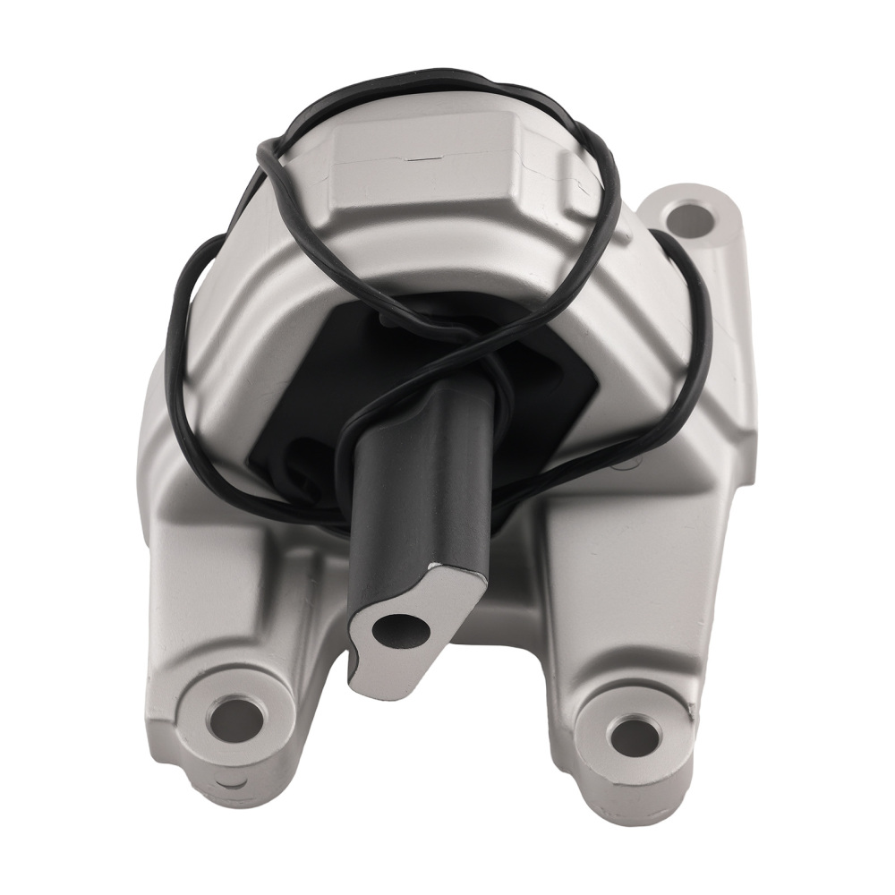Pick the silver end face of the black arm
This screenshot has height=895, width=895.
[421, 618]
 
